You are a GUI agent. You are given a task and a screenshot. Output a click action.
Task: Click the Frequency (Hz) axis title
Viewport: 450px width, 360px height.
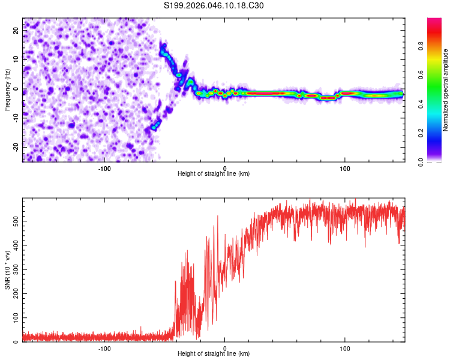7,89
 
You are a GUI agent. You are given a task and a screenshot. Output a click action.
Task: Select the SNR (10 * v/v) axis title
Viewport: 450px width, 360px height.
7,270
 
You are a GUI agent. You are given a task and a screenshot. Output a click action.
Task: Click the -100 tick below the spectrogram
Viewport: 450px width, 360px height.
104,168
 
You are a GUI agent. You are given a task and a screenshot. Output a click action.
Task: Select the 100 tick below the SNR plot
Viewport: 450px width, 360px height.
345,348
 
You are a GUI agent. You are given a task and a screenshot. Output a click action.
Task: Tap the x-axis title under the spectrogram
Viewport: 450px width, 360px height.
214,174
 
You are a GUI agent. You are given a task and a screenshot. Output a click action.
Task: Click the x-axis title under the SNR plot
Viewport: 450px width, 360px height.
214,354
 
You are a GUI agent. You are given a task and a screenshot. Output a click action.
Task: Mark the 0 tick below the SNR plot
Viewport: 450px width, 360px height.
225,348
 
